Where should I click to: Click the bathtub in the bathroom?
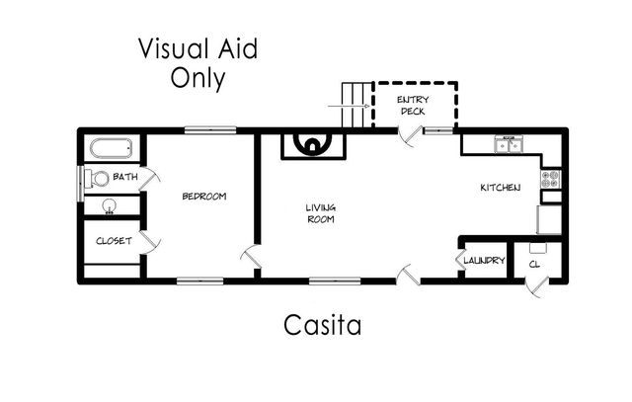[111, 150]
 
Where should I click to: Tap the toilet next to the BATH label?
[96, 179]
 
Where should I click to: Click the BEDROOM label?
[204, 196]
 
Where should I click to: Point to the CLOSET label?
[114, 240]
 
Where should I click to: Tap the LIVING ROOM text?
[319, 212]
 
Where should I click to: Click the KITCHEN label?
[500, 188]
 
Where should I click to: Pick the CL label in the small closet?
[534, 264]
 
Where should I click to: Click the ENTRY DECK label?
[413, 106]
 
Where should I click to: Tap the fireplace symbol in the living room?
[313, 146]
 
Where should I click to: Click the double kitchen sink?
[509, 145]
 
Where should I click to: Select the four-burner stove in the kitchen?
[551, 179]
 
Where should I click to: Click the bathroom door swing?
[150, 179]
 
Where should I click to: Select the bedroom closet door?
[148, 240]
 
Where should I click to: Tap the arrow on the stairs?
[364, 105]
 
